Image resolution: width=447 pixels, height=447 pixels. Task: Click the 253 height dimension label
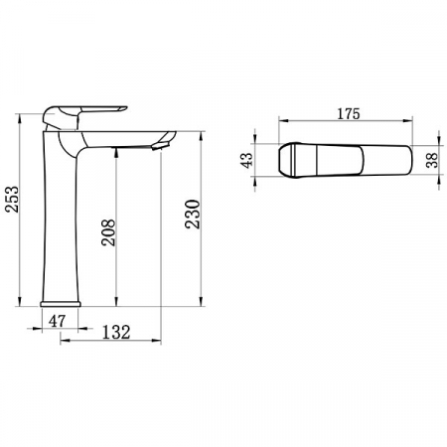[x=13, y=199]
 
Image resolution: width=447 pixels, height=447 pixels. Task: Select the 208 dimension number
[x=108, y=232]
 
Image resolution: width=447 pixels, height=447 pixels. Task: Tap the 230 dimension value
[x=193, y=214]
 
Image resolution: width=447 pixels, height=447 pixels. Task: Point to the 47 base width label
[x=58, y=321]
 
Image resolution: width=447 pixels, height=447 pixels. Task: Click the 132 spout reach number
[x=116, y=333]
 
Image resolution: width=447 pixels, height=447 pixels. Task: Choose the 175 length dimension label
[x=349, y=114]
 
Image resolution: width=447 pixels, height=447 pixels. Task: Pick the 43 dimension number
[x=247, y=160]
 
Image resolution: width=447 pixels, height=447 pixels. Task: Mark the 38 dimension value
[x=432, y=160]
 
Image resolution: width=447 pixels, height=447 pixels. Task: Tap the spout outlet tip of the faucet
[x=161, y=146]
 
